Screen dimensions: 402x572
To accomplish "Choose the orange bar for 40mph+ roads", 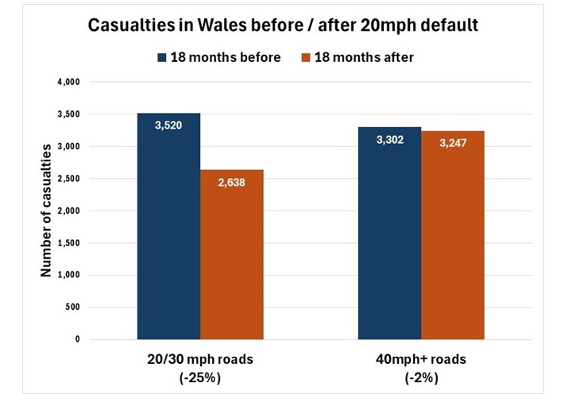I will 452,238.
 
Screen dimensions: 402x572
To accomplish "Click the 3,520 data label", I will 168,125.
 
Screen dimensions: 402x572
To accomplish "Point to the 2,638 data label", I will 231,182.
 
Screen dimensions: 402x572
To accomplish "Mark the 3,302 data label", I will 389,140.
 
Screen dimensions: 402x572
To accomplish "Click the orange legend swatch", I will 307,57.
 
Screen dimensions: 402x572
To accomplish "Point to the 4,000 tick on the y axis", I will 71,82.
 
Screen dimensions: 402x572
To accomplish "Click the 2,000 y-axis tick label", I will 71,211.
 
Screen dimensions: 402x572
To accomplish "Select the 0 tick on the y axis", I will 78,339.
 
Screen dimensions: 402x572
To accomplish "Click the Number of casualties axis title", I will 46,210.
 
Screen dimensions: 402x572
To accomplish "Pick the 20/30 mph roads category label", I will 200,360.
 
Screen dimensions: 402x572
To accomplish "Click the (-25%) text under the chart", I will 200,378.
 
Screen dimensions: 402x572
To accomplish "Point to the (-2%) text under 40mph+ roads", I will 422,378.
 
